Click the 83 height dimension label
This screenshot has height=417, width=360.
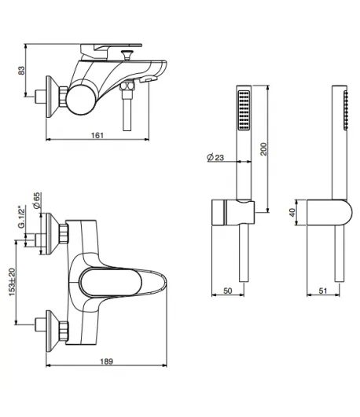click(21, 70)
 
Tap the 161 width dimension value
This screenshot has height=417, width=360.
click(97, 135)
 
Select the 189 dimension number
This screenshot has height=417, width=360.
click(107, 361)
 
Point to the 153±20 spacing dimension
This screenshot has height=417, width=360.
click(13, 282)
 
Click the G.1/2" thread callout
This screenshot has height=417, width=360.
click(21, 216)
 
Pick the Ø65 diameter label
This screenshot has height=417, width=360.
click(36, 200)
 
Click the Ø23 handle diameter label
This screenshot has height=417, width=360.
click(215, 157)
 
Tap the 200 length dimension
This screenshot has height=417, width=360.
click(263, 149)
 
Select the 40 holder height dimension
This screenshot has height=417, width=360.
click(292, 212)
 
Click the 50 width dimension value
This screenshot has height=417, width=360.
click(228, 291)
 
